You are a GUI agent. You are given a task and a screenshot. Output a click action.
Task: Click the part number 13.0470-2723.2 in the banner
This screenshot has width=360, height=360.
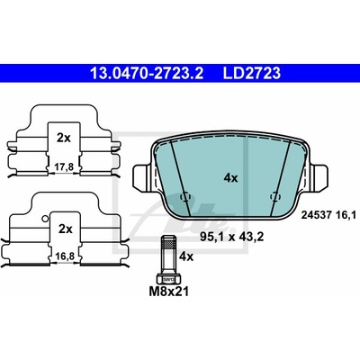(147, 73)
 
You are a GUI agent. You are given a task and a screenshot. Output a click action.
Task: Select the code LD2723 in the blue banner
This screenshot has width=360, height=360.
(251, 73)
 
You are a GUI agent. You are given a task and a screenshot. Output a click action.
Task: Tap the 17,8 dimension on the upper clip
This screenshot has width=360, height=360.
(65, 166)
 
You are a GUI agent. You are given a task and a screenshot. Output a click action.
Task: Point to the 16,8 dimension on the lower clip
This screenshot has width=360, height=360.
(65, 256)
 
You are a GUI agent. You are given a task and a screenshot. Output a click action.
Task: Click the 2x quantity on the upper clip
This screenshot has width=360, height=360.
(64, 138)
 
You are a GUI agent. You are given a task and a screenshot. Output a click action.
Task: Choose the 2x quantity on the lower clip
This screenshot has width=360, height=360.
(66, 229)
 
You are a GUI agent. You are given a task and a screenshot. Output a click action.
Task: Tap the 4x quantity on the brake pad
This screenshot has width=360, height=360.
(230, 178)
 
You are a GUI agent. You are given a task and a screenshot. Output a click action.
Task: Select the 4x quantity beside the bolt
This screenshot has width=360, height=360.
(186, 256)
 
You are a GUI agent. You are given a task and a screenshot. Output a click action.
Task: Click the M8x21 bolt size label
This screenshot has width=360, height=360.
(169, 291)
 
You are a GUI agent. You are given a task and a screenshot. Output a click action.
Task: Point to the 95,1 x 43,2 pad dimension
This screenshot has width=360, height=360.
(231, 237)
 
